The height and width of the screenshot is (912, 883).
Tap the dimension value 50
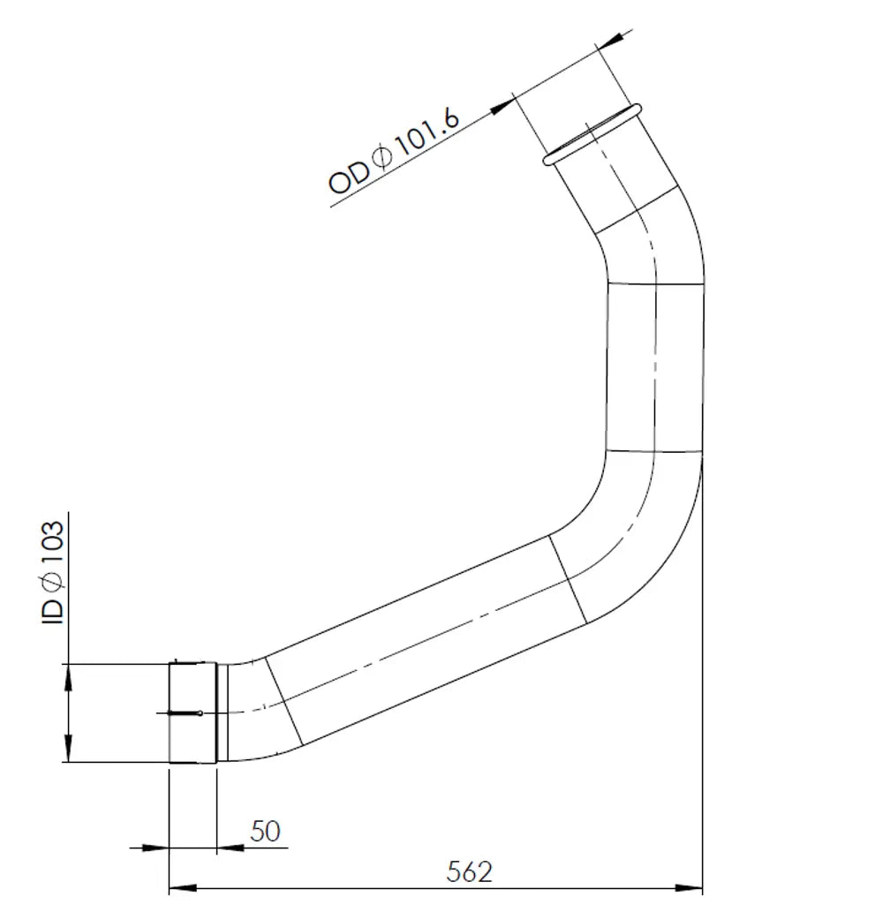[x=265, y=831]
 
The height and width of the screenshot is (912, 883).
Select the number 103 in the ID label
[x=53, y=545]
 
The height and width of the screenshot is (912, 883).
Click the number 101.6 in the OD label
[x=428, y=136]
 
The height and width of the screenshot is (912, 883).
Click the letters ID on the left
[x=53, y=613]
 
